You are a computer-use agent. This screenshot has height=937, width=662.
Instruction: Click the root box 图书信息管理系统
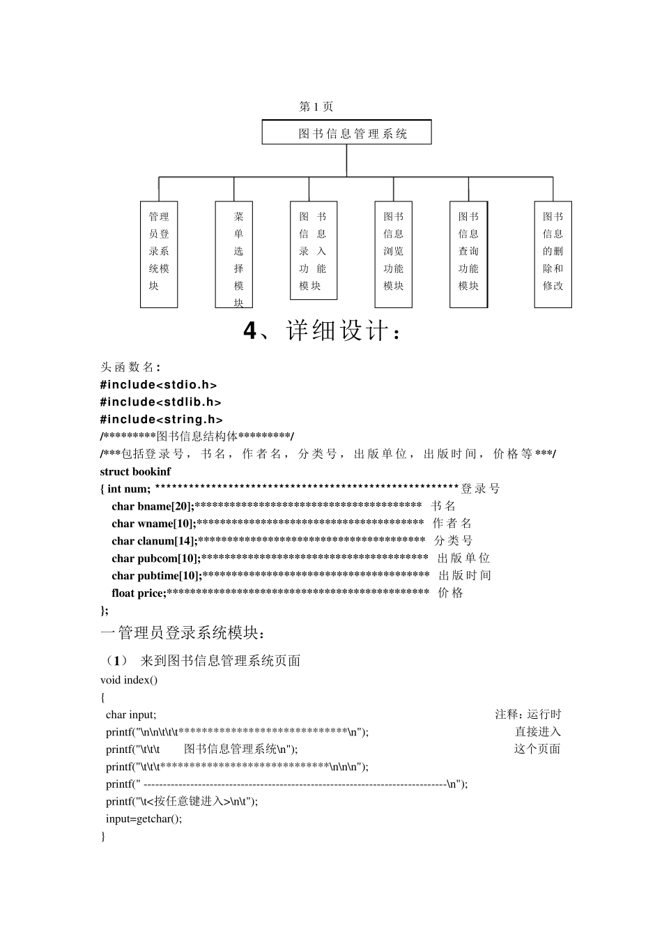(346, 132)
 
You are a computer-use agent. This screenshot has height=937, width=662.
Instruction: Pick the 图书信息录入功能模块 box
(313, 250)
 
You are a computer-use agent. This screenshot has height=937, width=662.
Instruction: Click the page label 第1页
(316, 107)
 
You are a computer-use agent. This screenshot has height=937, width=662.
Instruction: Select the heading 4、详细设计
(322, 331)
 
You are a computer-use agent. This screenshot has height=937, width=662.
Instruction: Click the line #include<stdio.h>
(158, 385)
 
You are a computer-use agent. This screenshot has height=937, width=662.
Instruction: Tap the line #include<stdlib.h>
(160, 402)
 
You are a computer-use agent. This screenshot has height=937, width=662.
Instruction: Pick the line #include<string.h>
(161, 420)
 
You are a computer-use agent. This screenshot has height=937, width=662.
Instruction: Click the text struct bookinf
(135, 472)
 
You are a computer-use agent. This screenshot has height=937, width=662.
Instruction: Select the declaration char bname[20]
(153, 506)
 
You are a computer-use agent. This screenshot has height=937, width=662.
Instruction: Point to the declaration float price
(139, 593)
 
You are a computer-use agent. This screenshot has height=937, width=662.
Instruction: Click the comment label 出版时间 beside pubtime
(465, 576)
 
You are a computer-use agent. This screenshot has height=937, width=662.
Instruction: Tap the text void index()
(129, 680)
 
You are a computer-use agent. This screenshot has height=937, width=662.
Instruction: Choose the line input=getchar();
(144, 818)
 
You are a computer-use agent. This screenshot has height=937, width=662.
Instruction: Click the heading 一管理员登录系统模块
(183, 634)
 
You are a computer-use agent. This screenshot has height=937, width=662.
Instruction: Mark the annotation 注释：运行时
(528, 715)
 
